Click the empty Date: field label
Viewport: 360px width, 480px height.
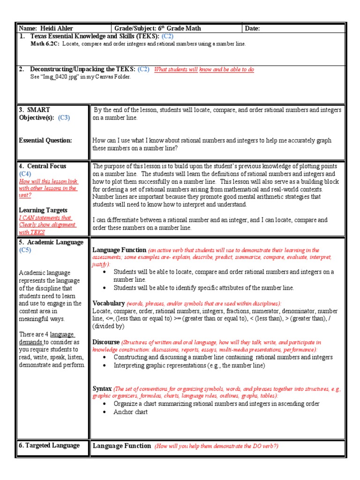[x=252, y=29]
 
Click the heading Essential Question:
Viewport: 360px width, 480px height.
[x=45, y=140]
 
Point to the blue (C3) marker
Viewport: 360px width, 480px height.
[x=64, y=118]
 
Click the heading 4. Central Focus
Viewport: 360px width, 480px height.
[x=43, y=166]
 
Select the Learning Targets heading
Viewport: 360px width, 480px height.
[x=43, y=210]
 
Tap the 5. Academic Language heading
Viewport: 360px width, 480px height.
[x=51, y=242]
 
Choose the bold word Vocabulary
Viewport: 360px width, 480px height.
[x=109, y=303]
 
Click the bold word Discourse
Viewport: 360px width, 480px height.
[x=107, y=342]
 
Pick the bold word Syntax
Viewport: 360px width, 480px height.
[x=102, y=389]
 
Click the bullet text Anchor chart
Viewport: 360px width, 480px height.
[x=130, y=412]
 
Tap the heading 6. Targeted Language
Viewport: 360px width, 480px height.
[x=49, y=445]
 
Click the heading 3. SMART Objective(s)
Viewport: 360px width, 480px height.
[x=37, y=114]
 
